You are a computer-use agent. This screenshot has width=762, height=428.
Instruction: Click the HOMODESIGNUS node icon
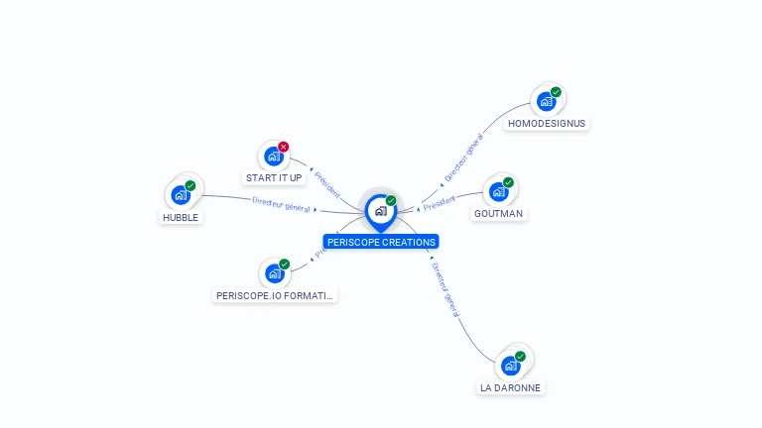click(x=545, y=101)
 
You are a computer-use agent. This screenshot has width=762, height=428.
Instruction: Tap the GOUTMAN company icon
click(x=498, y=191)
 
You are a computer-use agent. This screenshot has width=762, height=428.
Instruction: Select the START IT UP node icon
click(x=273, y=157)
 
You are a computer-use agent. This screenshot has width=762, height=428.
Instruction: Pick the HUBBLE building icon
click(x=181, y=195)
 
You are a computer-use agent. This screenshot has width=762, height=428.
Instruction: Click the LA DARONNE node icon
click(x=511, y=366)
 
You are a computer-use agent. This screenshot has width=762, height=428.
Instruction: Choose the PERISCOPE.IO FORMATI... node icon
click(x=274, y=273)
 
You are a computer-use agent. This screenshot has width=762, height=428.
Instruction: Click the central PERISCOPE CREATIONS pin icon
click(x=380, y=211)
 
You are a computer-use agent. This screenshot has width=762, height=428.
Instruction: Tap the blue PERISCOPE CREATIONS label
click(x=380, y=242)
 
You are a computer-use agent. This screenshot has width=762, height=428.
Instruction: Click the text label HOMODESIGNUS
click(x=546, y=124)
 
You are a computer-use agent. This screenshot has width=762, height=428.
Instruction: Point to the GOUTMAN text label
click(x=498, y=214)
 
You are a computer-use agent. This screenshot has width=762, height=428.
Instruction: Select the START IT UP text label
click(x=273, y=178)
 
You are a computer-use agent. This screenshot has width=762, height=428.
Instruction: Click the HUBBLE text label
click(x=181, y=218)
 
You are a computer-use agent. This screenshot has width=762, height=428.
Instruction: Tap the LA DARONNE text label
click(x=511, y=388)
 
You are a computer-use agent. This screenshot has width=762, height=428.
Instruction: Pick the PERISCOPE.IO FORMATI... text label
click(x=276, y=295)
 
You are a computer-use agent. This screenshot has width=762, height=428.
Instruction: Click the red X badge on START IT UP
click(x=284, y=147)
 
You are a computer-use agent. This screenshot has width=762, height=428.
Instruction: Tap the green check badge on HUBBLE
click(x=190, y=185)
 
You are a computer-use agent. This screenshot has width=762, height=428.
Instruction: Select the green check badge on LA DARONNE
click(x=521, y=356)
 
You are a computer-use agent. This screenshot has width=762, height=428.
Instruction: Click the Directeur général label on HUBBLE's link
click(x=281, y=204)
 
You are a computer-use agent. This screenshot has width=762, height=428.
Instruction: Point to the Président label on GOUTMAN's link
click(x=439, y=204)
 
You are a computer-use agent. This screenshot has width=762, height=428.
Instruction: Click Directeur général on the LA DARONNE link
click(x=444, y=289)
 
